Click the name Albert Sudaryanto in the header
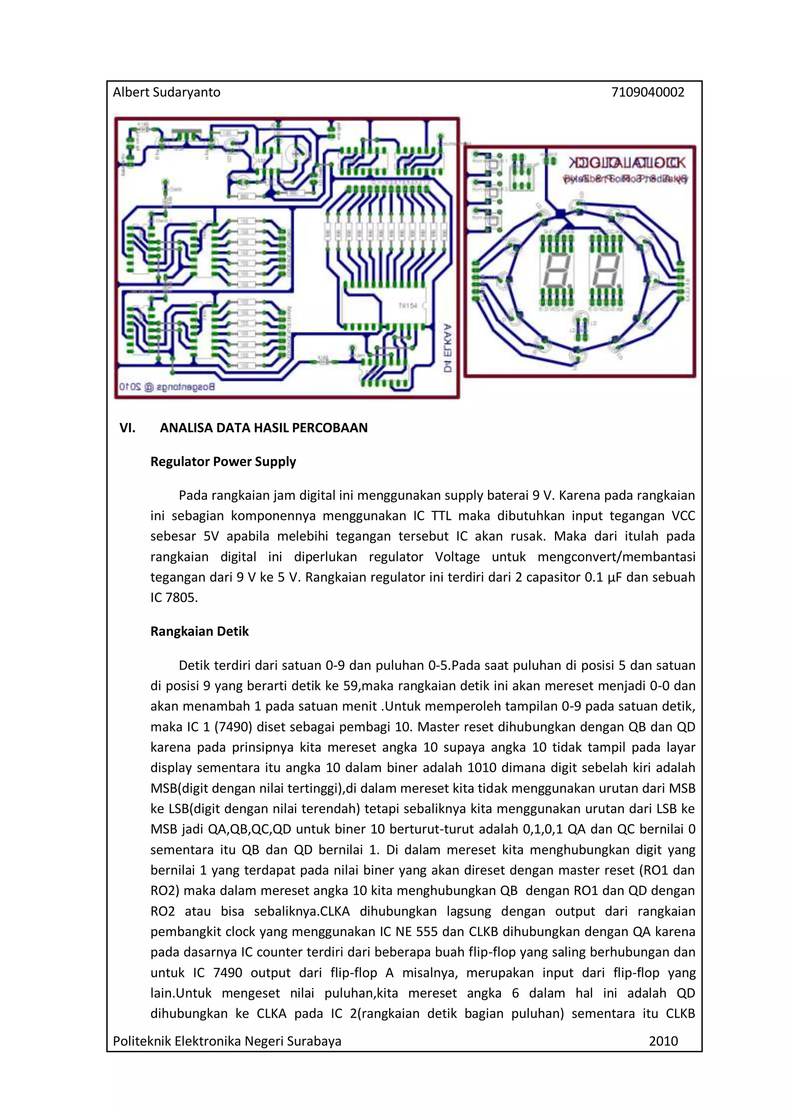(x=166, y=93)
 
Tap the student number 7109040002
(x=648, y=93)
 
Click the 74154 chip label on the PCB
(x=408, y=305)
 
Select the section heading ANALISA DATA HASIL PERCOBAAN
(x=264, y=428)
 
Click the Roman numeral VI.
(x=127, y=428)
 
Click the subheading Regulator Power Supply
(x=223, y=461)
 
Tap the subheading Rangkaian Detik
(x=199, y=631)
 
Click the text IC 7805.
(x=174, y=597)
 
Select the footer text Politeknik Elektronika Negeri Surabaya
(x=227, y=1041)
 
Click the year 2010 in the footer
(x=663, y=1041)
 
